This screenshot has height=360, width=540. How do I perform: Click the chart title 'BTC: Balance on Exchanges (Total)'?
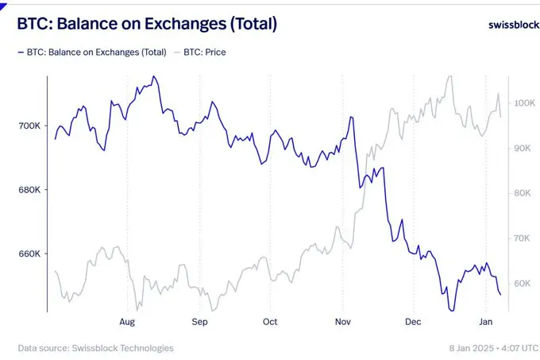(x=147, y=25)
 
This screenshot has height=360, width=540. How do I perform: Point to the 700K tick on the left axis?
(x=29, y=126)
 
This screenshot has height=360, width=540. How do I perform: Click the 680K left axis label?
(x=29, y=190)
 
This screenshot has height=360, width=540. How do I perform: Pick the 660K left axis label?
(x=29, y=254)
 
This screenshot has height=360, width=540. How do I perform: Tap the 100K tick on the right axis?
(x=525, y=103)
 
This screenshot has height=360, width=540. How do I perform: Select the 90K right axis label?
(x=525, y=149)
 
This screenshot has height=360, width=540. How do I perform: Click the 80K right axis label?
(x=525, y=193)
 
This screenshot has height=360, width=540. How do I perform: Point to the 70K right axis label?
(x=525, y=238)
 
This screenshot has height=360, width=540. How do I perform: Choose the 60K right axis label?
(x=525, y=284)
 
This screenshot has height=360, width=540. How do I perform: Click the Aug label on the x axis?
(x=127, y=322)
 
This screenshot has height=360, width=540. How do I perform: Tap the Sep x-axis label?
(x=199, y=322)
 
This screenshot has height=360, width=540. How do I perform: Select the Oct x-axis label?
(x=270, y=322)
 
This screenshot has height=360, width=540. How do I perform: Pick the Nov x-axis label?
(x=342, y=322)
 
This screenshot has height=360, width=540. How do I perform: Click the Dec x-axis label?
(x=413, y=322)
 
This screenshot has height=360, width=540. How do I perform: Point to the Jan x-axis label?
(x=485, y=322)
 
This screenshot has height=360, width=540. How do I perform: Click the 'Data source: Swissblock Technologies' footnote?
(x=95, y=348)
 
